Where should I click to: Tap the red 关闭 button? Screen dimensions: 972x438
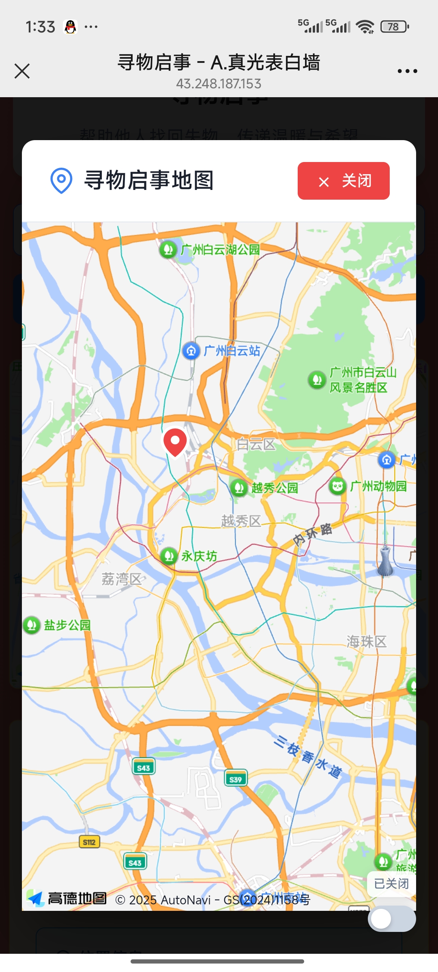[x=344, y=181]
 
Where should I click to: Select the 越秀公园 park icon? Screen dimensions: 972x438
[x=239, y=488]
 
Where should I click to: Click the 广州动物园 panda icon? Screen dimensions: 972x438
[x=337, y=486]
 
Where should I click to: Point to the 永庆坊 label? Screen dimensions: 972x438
[x=199, y=556]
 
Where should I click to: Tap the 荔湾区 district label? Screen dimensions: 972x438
[x=121, y=579]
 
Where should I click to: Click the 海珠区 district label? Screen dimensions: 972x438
[x=366, y=642]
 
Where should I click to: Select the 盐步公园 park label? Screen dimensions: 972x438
[x=67, y=625]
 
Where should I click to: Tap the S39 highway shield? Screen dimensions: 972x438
[x=236, y=779]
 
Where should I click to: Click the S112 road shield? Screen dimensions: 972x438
[x=89, y=842]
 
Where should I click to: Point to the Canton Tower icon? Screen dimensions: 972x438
[x=385, y=561]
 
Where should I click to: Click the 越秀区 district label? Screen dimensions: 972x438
[x=241, y=521]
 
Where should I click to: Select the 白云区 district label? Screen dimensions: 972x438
[x=256, y=444]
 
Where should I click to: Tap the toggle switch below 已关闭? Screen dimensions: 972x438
[x=391, y=919]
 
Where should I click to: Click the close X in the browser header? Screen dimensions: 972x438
[x=22, y=71]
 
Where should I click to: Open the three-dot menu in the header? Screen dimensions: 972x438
[x=407, y=71]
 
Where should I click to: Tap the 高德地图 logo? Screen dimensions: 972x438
[x=67, y=899]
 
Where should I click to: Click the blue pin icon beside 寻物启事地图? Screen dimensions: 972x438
[x=61, y=181]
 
